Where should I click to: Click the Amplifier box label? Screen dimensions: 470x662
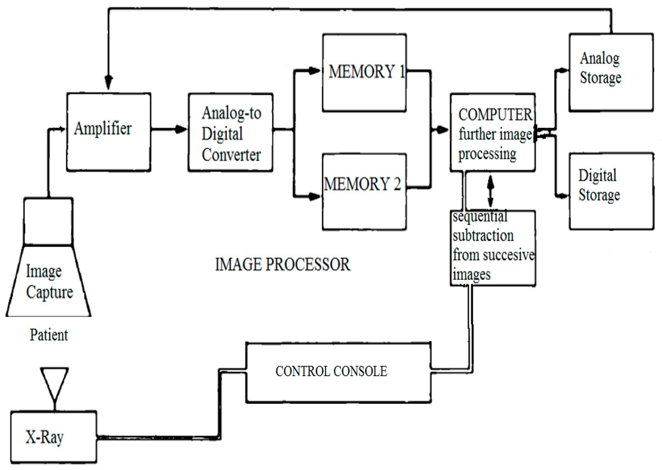103,128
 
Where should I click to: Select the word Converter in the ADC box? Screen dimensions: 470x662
231,155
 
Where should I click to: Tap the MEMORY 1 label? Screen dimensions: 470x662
367,72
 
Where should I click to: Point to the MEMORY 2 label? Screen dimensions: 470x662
362,184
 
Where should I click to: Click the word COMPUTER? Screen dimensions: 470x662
495,115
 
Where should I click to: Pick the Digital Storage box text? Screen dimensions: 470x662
599,185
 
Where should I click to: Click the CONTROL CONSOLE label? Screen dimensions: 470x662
331,372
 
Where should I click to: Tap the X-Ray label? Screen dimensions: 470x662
44,437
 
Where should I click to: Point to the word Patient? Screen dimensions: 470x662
49,335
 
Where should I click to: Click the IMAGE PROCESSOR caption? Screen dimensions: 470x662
283,265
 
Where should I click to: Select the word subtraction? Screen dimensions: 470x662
483,235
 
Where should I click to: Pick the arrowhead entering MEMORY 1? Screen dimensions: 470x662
314,71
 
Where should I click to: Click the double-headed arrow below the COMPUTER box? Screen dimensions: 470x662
490,191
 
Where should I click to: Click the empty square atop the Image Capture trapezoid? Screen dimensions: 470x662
48,222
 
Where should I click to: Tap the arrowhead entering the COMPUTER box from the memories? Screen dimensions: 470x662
442,129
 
